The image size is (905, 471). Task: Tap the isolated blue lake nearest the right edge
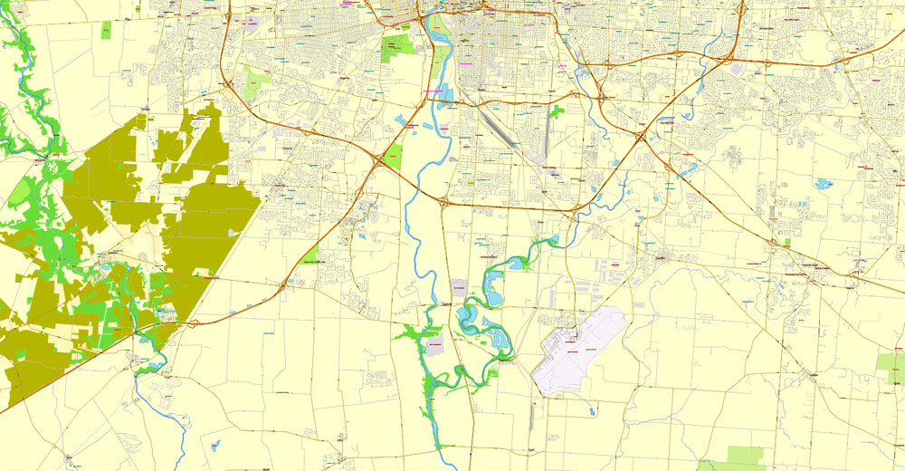(x=823, y=184)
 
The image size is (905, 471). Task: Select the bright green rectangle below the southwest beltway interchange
(x=393, y=156)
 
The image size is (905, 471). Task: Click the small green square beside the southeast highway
(x=786, y=243)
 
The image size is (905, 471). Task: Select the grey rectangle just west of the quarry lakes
(x=458, y=291)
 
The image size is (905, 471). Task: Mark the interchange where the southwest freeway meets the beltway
(x=376, y=159)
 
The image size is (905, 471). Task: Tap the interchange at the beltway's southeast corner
(x=576, y=209)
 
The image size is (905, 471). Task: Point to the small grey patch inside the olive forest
(x=234, y=232)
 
